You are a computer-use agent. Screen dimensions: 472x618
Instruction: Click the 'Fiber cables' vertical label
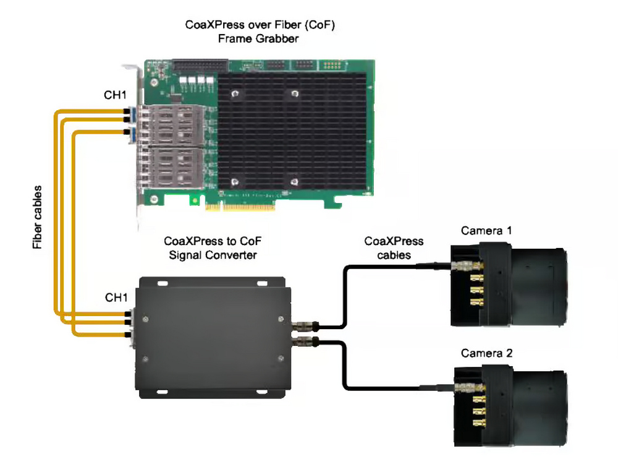tap(38, 217)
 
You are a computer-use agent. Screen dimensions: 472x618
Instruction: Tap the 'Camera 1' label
tap(486, 231)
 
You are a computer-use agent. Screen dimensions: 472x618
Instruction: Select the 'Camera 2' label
tap(486, 353)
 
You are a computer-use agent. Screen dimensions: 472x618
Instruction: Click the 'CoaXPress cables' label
tap(394, 247)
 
